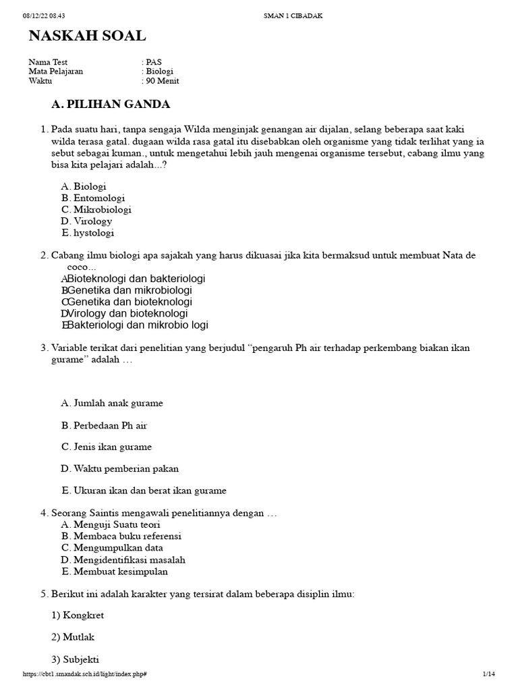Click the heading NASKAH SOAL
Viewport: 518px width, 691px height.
(87, 36)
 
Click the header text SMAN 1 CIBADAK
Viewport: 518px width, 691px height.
(292, 16)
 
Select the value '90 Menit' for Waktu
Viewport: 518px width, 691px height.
(163, 81)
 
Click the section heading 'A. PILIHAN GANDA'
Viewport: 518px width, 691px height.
(111, 104)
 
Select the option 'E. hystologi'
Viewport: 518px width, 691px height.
(88, 233)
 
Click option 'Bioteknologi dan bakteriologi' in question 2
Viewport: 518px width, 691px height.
(136, 279)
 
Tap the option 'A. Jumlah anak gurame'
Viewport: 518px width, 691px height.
(112, 403)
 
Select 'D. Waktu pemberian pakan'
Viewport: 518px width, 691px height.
(119, 468)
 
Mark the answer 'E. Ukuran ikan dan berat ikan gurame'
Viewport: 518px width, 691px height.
(143, 491)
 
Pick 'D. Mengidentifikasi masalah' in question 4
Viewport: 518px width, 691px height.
(123, 559)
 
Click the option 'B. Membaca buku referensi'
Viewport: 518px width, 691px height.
(121, 536)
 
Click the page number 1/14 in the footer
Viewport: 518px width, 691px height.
(488, 674)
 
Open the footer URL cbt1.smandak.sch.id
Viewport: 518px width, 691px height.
(85, 674)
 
